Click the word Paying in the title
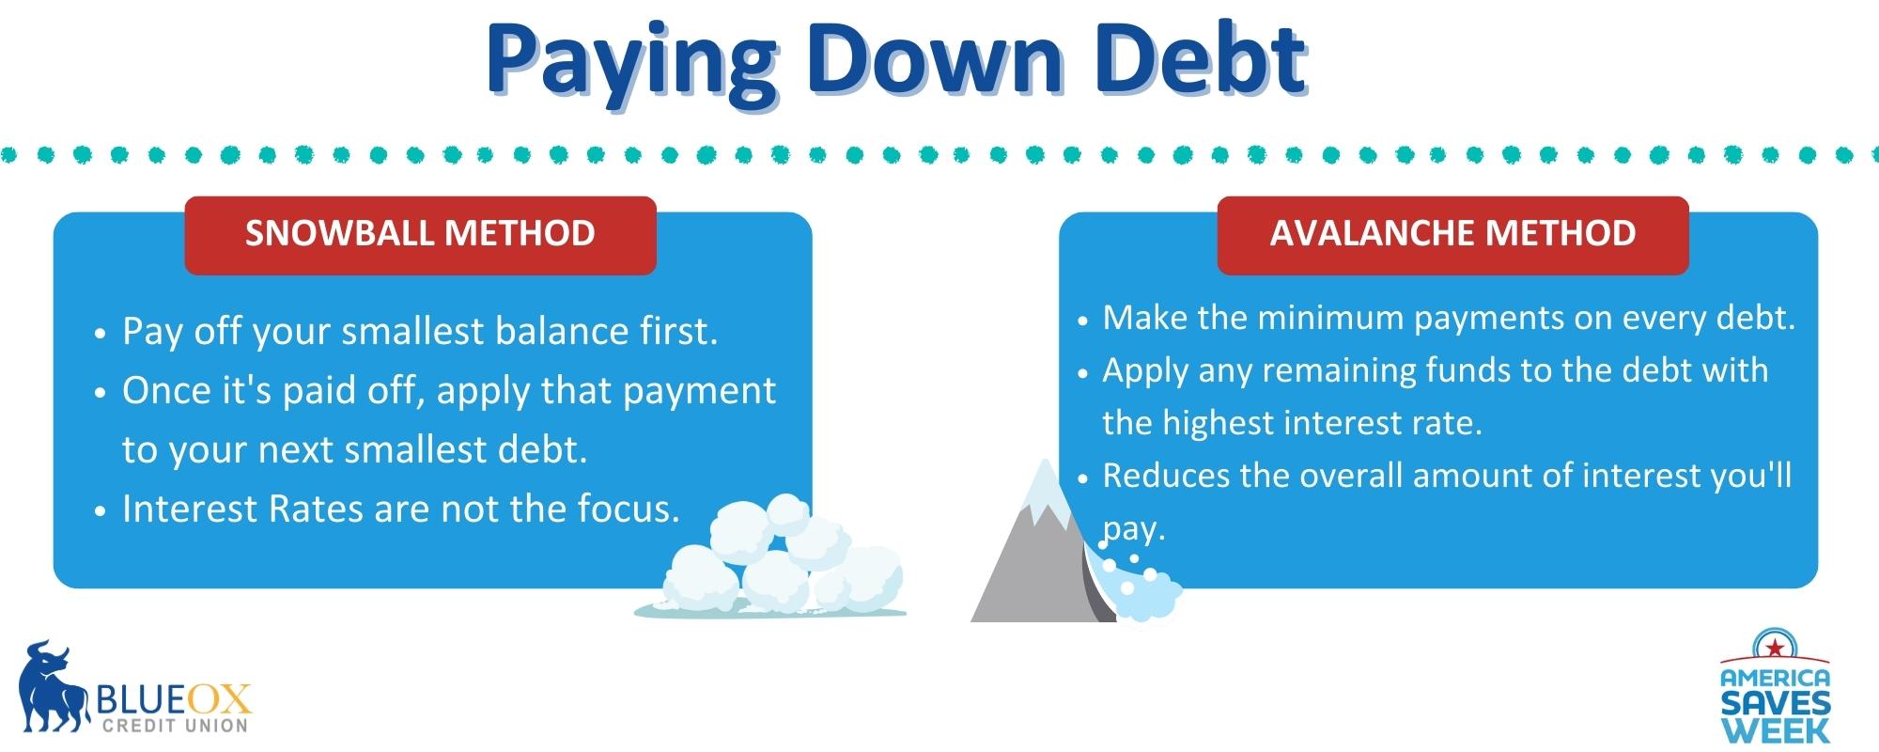[x=629, y=63]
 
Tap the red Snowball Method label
[x=420, y=235]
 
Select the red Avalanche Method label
[x=1452, y=235]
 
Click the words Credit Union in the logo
[x=175, y=725]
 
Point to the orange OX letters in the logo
[x=221, y=698]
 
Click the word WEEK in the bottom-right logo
[x=1776, y=730]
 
